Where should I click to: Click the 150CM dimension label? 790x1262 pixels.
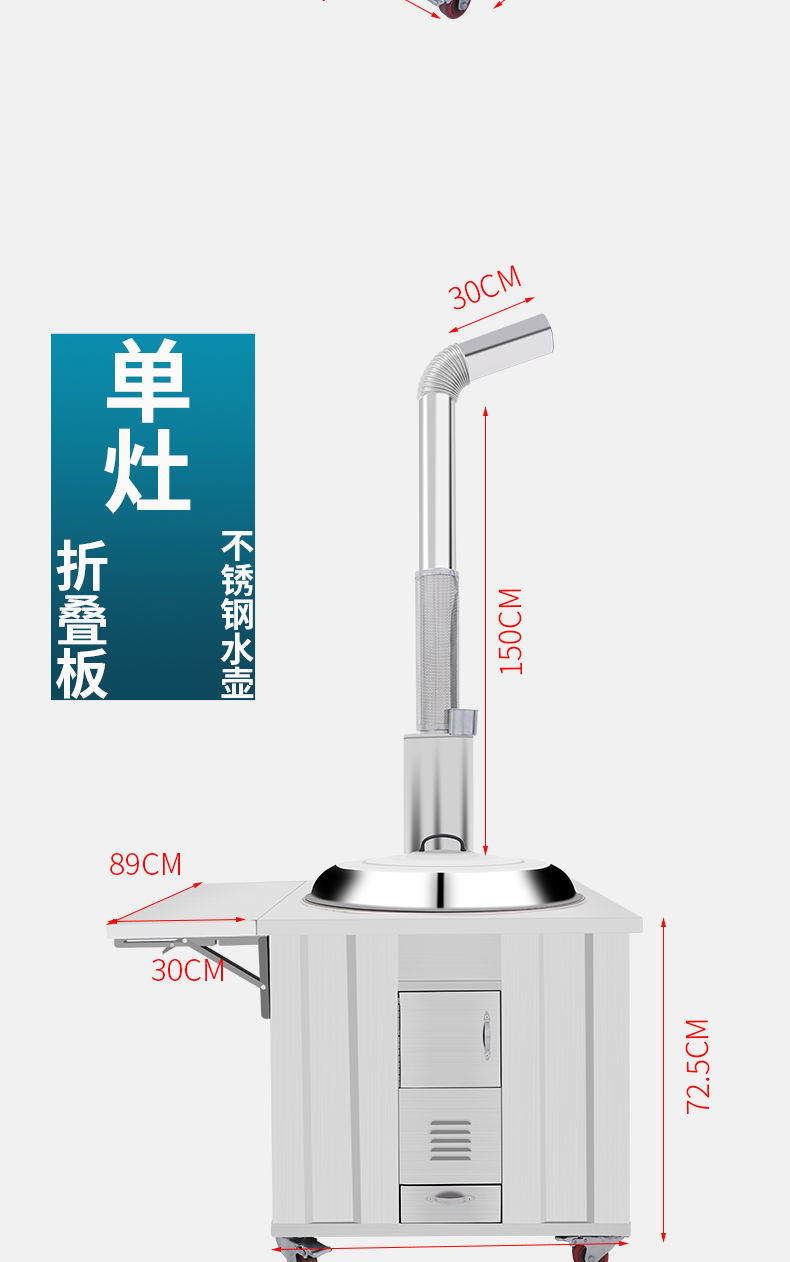pyautogui.click(x=510, y=631)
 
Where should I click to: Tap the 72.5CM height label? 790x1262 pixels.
pyautogui.click(x=697, y=1066)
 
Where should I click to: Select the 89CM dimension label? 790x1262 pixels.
pyautogui.click(x=146, y=864)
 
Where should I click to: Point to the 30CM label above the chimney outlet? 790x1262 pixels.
pyautogui.click(x=485, y=288)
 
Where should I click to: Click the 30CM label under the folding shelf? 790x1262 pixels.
pyautogui.click(x=187, y=969)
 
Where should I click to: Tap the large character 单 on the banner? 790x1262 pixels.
pyautogui.click(x=149, y=381)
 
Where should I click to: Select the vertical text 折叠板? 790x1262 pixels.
pyautogui.click(x=82, y=620)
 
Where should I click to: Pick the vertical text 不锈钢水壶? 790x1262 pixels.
pyautogui.click(x=237, y=614)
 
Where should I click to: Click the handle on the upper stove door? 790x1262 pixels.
pyautogui.click(x=486, y=1035)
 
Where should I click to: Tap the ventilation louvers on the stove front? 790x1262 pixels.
pyautogui.click(x=450, y=1139)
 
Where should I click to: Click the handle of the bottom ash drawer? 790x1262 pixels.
pyautogui.click(x=450, y=1197)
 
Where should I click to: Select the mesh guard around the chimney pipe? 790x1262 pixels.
pyautogui.click(x=437, y=640)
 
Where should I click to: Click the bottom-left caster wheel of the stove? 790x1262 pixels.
pyautogui.click(x=300, y=1249)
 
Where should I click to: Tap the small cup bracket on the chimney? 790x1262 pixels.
pyautogui.click(x=463, y=720)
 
